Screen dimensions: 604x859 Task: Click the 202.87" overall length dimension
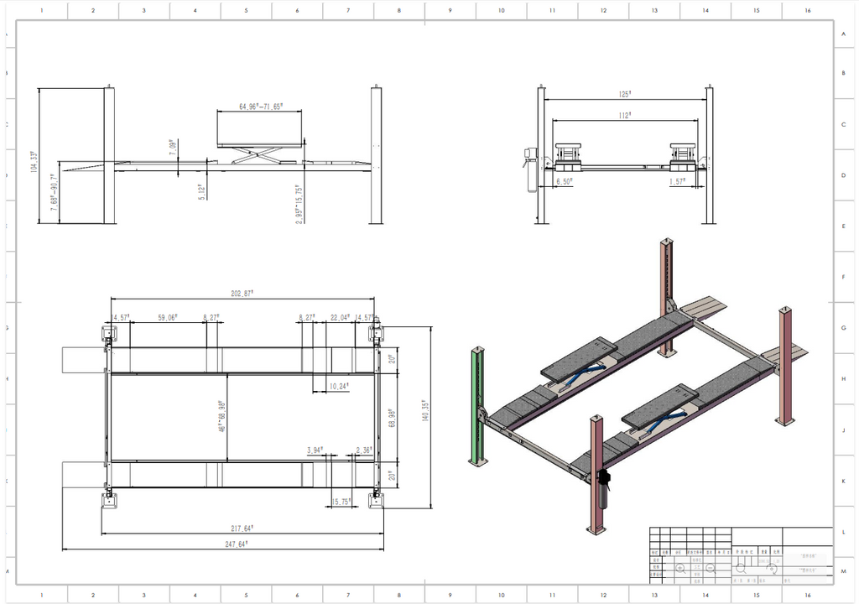tap(242, 294)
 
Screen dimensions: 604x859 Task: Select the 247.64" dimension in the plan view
tap(242, 544)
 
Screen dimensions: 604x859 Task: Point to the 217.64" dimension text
tap(242, 528)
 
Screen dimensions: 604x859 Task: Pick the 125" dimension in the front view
tap(624, 96)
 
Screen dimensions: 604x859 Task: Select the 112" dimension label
tap(624, 116)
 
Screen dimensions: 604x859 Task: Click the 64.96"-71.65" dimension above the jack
tap(260, 107)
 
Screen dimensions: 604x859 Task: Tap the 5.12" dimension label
tap(201, 191)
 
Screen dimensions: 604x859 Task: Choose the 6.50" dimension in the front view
tap(565, 181)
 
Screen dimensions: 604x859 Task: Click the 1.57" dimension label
tap(678, 181)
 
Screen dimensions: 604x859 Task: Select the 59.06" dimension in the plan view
tap(168, 318)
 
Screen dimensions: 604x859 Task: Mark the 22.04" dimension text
tap(339, 318)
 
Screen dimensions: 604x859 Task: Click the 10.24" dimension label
tap(338, 386)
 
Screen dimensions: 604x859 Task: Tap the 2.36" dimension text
tap(364, 450)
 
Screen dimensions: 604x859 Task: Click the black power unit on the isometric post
tap(602, 479)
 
